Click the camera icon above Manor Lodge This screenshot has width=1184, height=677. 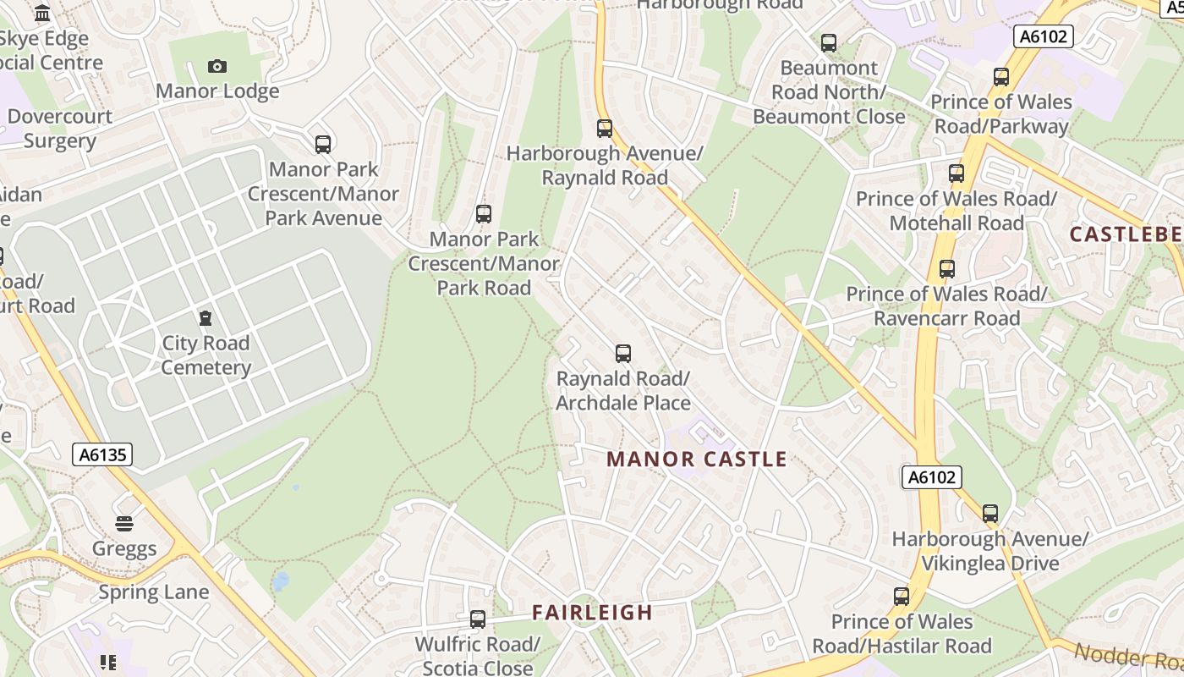pyautogui.click(x=217, y=66)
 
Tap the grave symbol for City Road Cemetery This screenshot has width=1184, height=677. pyautogui.click(x=205, y=318)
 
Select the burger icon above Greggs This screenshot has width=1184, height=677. pyautogui.click(x=124, y=524)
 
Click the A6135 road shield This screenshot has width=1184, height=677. pyautogui.click(x=102, y=454)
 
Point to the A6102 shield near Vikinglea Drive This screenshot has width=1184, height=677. pyautogui.click(x=931, y=477)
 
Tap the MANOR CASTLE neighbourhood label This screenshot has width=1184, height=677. pyautogui.click(x=697, y=460)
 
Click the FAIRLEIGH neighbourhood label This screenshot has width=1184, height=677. pyautogui.click(x=592, y=613)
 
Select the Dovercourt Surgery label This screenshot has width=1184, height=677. pyautogui.click(x=59, y=128)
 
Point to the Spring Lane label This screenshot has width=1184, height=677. pyautogui.click(x=153, y=592)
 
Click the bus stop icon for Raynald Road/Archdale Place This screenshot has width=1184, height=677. pyautogui.click(x=623, y=354)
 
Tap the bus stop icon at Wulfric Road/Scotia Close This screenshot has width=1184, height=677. pyautogui.click(x=478, y=619)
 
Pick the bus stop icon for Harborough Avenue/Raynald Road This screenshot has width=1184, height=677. pyautogui.click(x=605, y=129)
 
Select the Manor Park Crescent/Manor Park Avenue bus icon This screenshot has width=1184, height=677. pyautogui.click(x=323, y=145)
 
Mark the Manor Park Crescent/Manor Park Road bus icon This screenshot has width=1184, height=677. pyautogui.click(x=484, y=214)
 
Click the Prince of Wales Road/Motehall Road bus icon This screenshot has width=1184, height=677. pyautogui.click(x=957, y=173)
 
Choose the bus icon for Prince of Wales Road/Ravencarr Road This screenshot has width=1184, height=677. pyautogui.click(x=947, y=269)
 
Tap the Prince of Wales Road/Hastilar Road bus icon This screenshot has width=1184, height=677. pyautogui.click(x=902, y=597)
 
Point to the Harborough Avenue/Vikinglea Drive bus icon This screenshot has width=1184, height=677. pyautogui.click(x=990, y=514)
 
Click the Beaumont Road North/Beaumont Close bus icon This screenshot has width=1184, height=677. pyautogui.click(x=829, y=42)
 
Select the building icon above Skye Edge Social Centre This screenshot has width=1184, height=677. pyautogui.click(x=42, y=14)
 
